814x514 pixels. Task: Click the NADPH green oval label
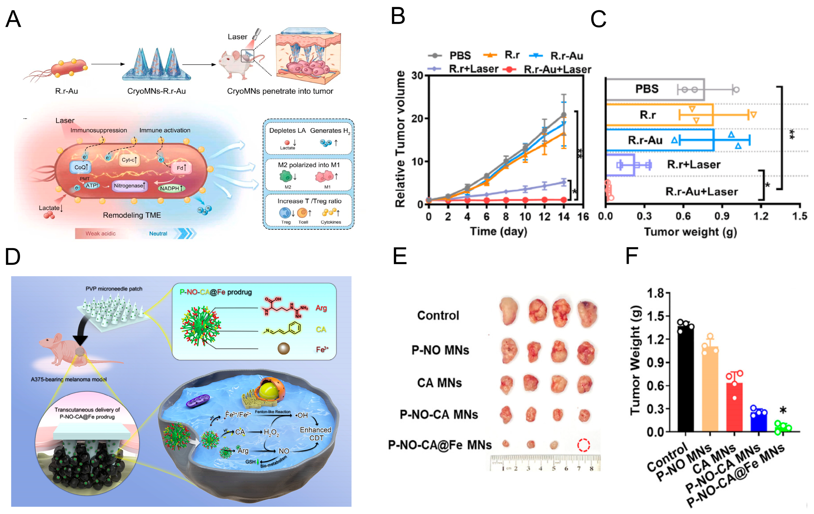pyautogui.click(x=171, y=188)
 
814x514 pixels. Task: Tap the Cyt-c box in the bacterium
pyautogui.click(x=129, y=160)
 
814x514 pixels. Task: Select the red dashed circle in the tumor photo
pyautogui.click(x=584, y=445)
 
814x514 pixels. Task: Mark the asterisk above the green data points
pyautogui.click(x=783, y=410)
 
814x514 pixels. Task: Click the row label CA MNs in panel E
pyautogui.click(x=439, y=383)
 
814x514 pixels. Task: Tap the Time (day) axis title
pyautogui.click(x=499, y=231)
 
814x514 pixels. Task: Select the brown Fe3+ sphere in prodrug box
pyautogui.click(x=283, y=348)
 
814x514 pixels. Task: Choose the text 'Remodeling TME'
pyautogui.click(x=132, y=215)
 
